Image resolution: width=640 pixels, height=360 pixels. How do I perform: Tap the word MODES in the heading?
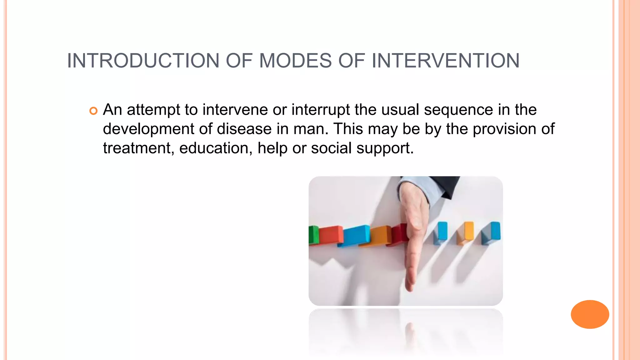pyautogui.click(x=295, y=61)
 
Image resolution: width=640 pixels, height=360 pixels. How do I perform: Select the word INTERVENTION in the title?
pyautogui.click(x=446, y=61)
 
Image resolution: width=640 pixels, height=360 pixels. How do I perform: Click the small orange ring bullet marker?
pyautogui.click(x=93, y=111)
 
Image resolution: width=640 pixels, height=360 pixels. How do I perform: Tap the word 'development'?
pyautogui.click(x=148, y=129)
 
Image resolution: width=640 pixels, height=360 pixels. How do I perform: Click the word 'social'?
pyautogui.click(x=331, y=148)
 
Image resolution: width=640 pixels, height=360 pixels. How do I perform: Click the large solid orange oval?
pyautogui.click(x=590, y=314)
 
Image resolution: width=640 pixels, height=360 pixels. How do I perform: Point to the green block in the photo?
pyautogui.click(x=313, y=235)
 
